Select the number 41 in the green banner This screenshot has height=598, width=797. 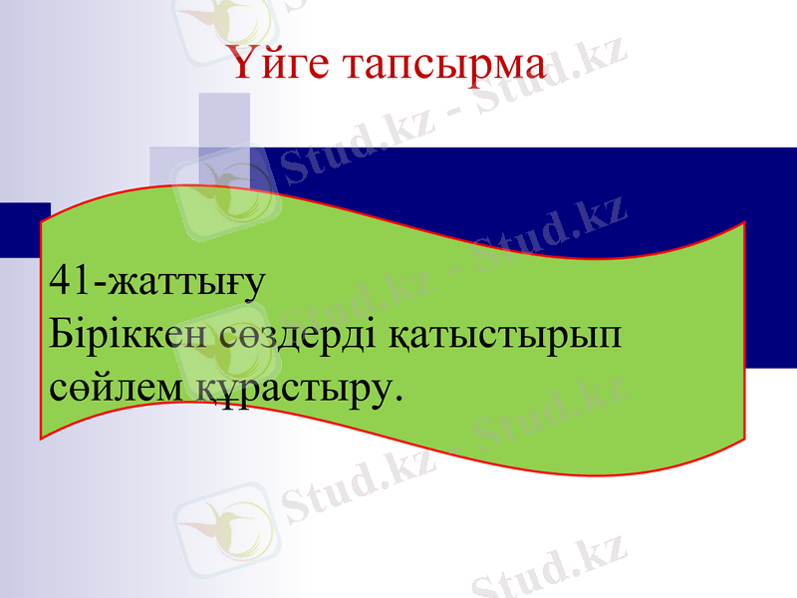[x=67, y=281]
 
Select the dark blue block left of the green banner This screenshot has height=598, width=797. [x=22, y=224]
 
